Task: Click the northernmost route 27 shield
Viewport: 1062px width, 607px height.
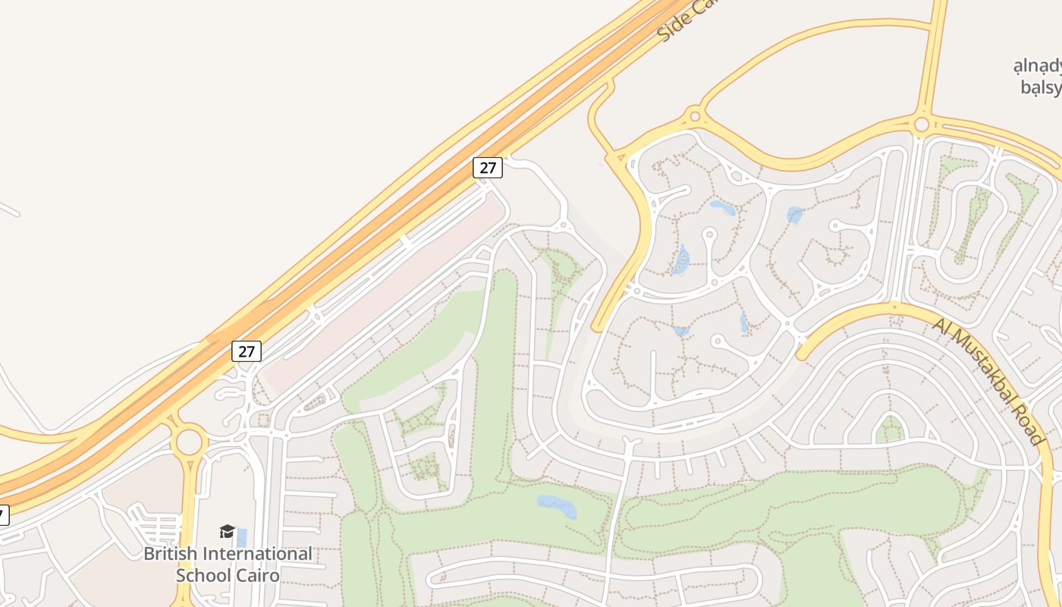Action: click(x=487, y=167)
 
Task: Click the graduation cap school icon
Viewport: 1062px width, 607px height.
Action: click(x=227, y=531)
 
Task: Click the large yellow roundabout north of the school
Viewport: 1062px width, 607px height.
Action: click(x=188, y=441)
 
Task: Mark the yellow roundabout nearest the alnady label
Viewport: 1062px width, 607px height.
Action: click(x=922, y=124)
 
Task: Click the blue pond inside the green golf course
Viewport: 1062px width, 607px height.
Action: click(x=557, y=505)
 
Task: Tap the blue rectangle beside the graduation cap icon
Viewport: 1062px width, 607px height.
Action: click(x=242, y=537)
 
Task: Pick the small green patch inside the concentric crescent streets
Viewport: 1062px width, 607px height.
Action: click(x=889, y=430)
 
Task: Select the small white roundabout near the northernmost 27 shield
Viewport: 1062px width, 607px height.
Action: click(x=563, y=225)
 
